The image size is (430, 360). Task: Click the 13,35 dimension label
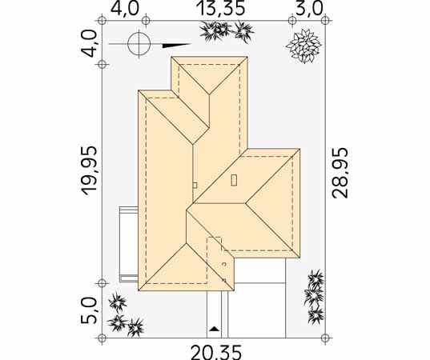pyautogui.click(x=220, y=9)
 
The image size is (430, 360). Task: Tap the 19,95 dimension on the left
pyautogui.click(x=90, y=170)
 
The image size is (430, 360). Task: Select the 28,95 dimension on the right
pyautogui.click(x=340, y=173)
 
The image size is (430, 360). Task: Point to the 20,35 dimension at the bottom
pyautogui.click(x=216, y=353)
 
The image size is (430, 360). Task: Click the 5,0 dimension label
pyautogui.click(x=90, y=310)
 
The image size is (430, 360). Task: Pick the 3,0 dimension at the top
pyautogui.click(x=309, y=9)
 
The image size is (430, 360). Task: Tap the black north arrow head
pyautogui.click(x=176, y=46)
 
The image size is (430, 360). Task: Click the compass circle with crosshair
pyautogui.click(x=139, y=44)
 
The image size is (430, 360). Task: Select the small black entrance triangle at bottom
pyautogui.click(x=214, y=329)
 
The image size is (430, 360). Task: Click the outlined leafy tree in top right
pyautogui.click(x=303, y=46)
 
